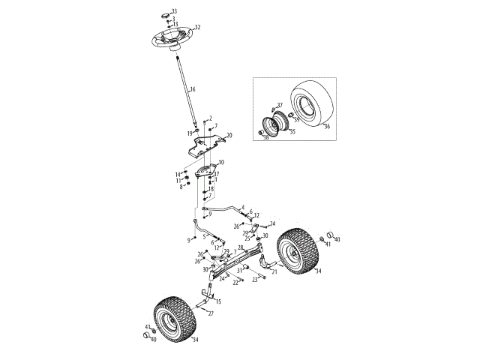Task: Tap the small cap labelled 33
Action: [166, 13]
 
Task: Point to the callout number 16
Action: [193, 90]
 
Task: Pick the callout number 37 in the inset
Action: [280, 106]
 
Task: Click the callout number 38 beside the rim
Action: [265, 138]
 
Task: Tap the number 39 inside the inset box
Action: [297, 119]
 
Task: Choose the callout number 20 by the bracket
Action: [229, 136]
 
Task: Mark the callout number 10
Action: [220, 163]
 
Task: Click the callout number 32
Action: [198, 27]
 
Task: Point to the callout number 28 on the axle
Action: [240, 247]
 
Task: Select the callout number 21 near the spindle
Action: [274, 272]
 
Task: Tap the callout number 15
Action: [218, 301]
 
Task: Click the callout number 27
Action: [211, 313]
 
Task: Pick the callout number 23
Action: [255, 279]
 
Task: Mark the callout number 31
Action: [239, 269]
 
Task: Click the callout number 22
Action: [235, 283]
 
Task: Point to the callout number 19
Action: [190, 133]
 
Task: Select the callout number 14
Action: [178, 175]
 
